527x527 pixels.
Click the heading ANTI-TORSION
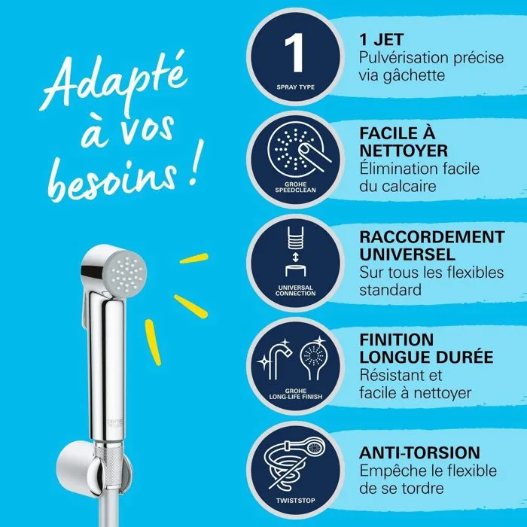point(419,452)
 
